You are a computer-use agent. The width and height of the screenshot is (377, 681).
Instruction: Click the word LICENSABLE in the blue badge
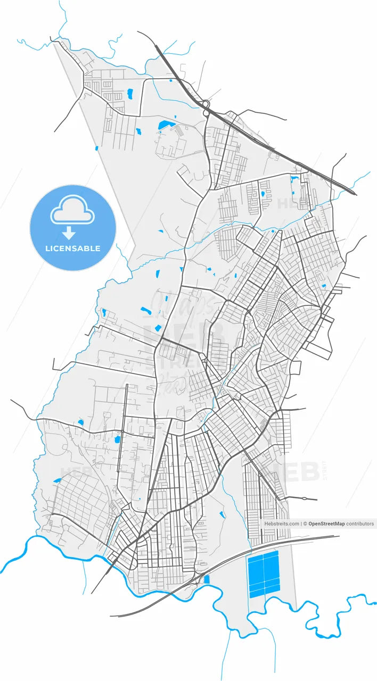pyautogui.click(x=72, y=248)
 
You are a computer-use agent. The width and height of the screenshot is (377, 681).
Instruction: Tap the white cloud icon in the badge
pyautogui.click(x=72, y=210)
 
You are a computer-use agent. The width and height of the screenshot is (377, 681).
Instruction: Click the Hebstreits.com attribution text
pyautogui.click(x=282, y=524)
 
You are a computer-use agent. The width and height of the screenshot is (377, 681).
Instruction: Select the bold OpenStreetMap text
pyautogui.click(x=326, y=524)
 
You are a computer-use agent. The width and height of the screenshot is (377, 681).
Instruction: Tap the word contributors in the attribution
pyautogui.click(x=360, y=524)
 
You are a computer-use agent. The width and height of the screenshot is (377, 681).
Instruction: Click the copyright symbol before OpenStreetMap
pyautogui.click(x=305, y=524)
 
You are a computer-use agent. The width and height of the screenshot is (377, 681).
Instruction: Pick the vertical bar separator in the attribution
pyautogui.click(x=301, y=524)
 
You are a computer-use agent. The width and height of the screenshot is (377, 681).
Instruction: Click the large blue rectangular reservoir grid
pyautogui.click(x=264, y=574)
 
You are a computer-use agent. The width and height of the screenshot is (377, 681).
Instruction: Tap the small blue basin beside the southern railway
pyautogui.click(x=207, y=579)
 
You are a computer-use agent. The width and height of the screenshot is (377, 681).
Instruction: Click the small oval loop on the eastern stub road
pyautogui.click(x=304, y=499)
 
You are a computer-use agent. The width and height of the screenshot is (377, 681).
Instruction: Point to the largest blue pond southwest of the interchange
pyautogui.click(x=165, y=126)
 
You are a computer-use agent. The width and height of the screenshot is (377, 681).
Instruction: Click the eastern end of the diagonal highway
pyautogui.click(x=354, y=193)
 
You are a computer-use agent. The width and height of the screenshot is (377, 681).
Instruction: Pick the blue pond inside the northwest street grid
pyautogui.click(x=129, y=94)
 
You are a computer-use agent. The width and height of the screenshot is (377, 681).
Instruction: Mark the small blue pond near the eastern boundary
pyautogui.click(x=324, y=286)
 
